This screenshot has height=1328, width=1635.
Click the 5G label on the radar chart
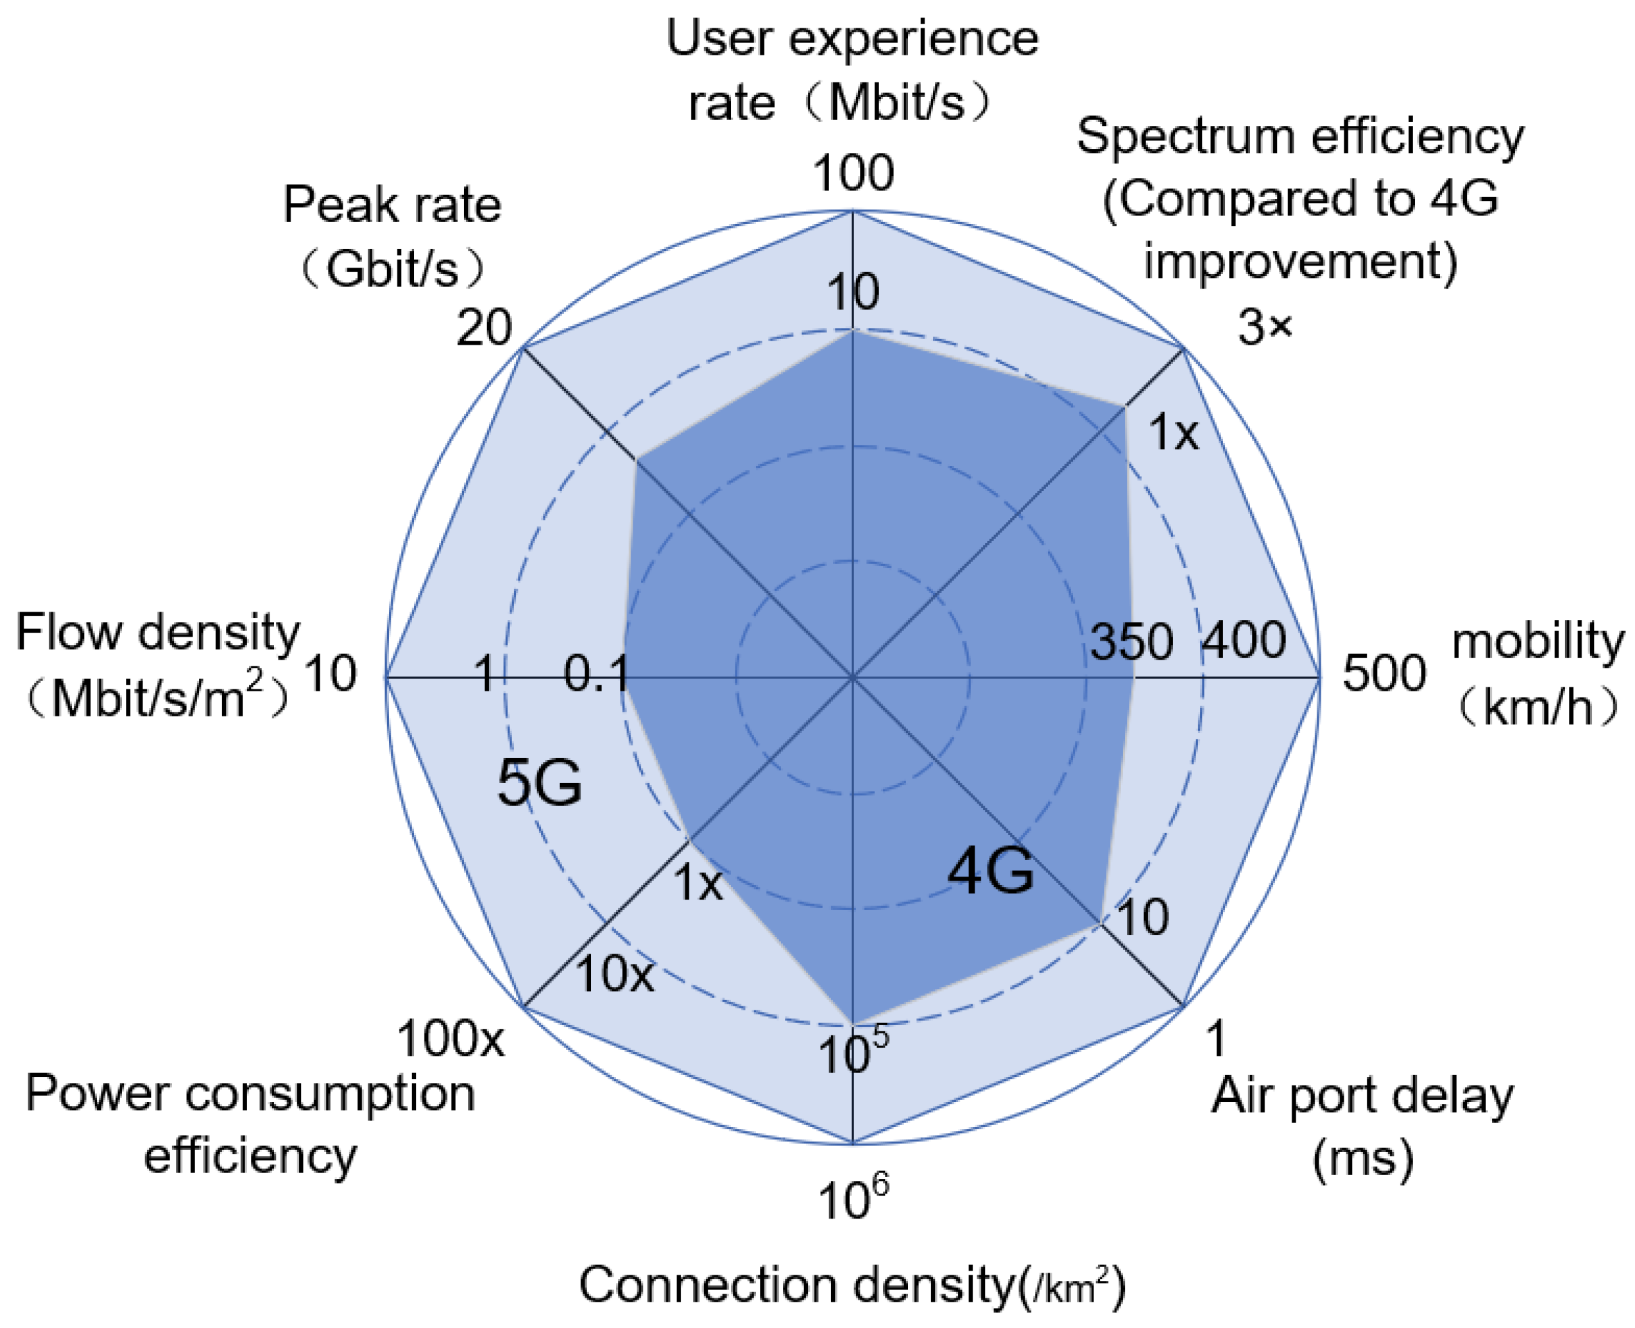point(539,784)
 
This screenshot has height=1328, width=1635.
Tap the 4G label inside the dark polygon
point(990,871)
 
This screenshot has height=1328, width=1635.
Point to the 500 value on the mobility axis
point(1384,673)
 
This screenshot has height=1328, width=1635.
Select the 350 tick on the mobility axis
point(1131,641)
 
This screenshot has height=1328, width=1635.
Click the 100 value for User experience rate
point(853,173)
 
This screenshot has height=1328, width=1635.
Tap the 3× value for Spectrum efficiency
point(1265,328)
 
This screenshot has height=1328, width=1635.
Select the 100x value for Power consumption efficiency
point(450,1039)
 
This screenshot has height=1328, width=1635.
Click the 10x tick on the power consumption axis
point(614,975)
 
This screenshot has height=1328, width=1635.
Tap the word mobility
point(1537,641)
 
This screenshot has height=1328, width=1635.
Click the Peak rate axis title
point(391,205)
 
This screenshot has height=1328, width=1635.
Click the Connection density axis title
point(852,1285)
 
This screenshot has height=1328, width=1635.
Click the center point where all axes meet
point(852,677)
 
